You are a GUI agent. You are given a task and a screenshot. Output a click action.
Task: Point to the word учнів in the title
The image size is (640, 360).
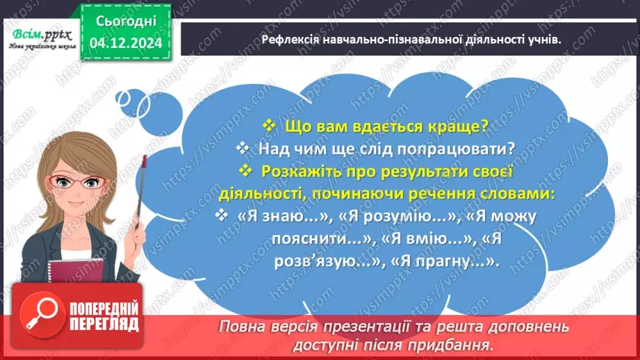coord(544,40)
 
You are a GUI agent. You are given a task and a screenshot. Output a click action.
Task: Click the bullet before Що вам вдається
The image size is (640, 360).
coord(268,126)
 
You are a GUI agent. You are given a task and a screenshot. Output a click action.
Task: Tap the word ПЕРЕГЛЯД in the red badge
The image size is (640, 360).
coord(104,325)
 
